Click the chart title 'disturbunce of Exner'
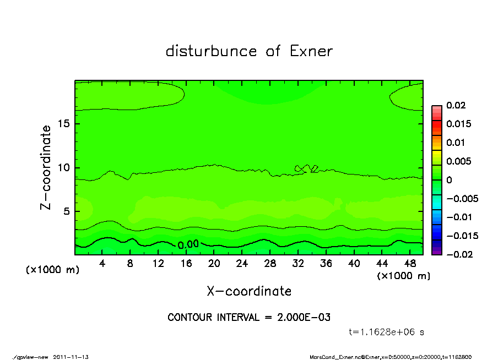(249, 52)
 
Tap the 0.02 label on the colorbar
(456, 105)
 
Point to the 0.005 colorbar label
(458, 161)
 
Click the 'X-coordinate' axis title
(249, 291)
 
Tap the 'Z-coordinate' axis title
(46, 167)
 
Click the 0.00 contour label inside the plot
(188, 244)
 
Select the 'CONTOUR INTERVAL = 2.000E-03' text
(249, 318)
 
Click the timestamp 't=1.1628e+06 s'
(386, 332)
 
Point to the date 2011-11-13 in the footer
(71, 357)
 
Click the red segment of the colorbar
(436, 127)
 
